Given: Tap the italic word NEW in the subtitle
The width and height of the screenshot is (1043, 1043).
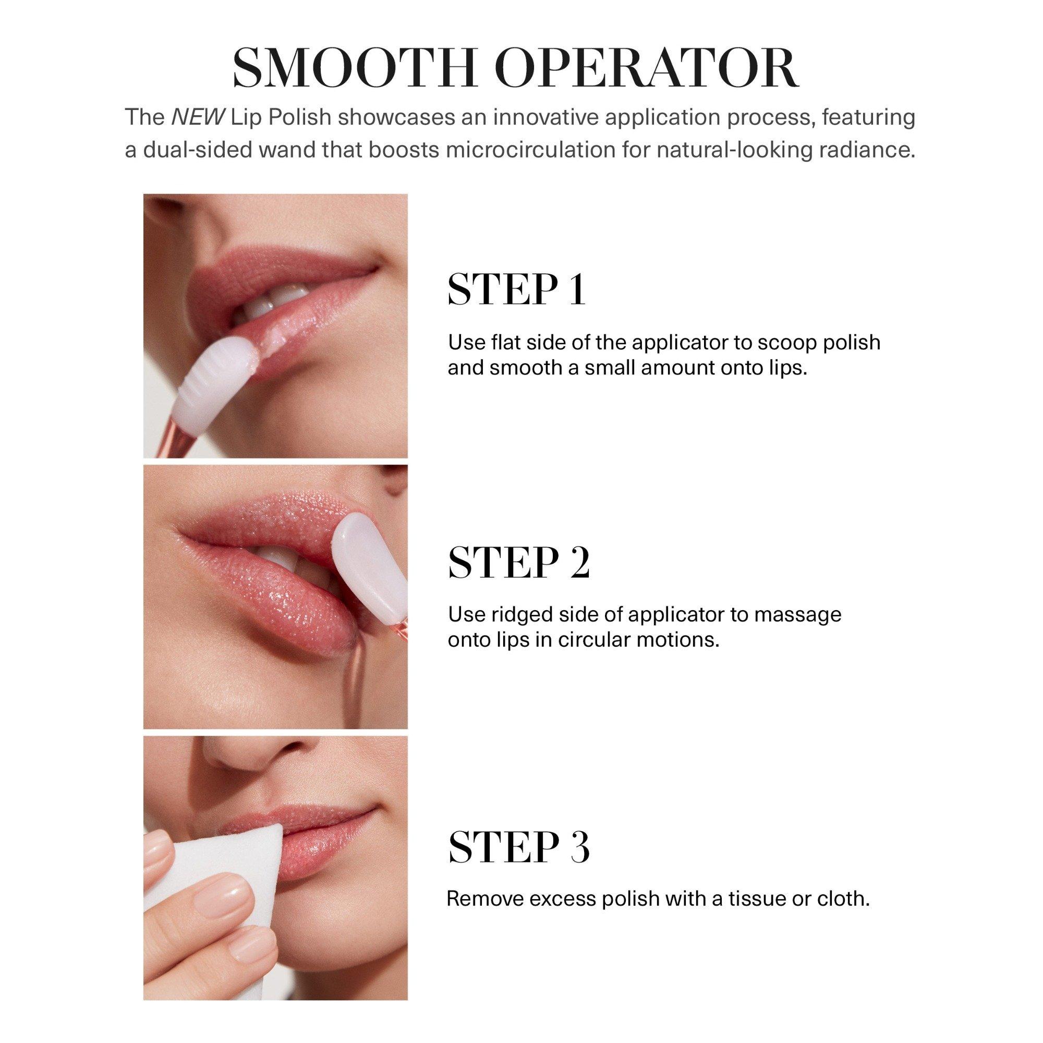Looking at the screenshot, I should pos(197,117).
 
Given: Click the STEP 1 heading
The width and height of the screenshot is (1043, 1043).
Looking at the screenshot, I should pos(517,290).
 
